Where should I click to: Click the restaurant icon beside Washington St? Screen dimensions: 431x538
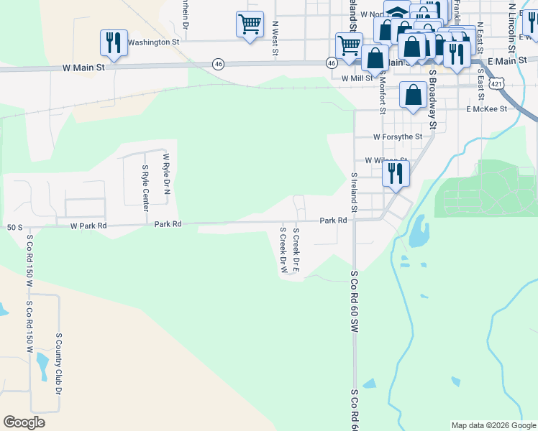(114, 43)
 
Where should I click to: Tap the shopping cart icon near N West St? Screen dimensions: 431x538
(250, 24)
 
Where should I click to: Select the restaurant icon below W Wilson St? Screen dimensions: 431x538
(395, 173)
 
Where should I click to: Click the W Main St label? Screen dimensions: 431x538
(84, 68)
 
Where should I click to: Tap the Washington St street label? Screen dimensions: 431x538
(153, 42)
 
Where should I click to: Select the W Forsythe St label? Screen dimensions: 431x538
(397, 136)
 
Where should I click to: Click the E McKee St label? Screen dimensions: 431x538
(486, 109)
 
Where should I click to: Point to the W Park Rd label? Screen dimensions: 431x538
(88, 226)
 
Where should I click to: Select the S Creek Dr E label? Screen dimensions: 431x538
(295, 250)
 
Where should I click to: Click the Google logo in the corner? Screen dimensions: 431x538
(24, 422)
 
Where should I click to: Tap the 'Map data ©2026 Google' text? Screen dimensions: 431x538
(493, 425)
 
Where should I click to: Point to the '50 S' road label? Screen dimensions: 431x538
(14, 227)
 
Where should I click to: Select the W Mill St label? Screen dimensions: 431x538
(357, 78)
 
